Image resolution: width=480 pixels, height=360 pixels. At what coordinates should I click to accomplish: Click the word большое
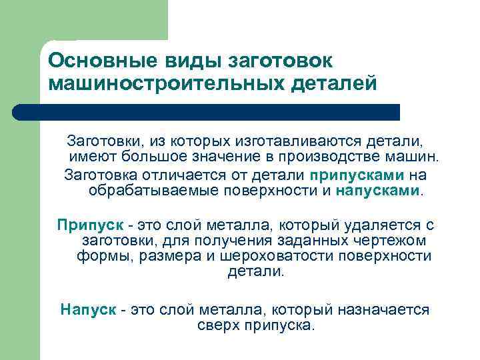(x=159, y=157)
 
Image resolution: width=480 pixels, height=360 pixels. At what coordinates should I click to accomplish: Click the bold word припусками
(x=357, y=175)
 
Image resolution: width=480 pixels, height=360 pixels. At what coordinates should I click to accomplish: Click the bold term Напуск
(x=88, y=309)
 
